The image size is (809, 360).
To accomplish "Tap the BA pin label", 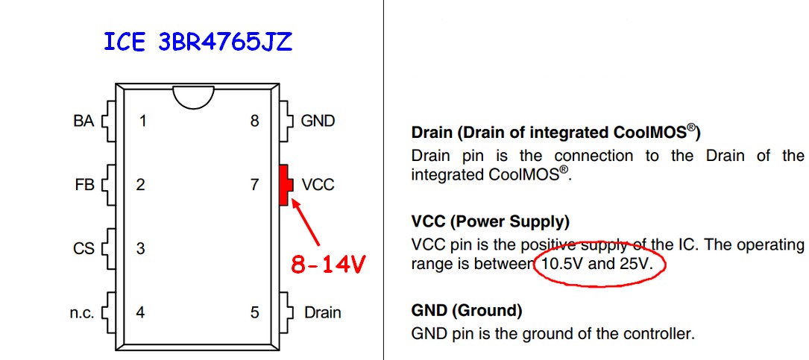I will click(84, 121).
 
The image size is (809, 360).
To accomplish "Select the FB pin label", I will click(85, 185).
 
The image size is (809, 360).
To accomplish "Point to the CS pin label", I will click(84, 248).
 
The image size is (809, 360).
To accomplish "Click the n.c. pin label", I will click(82, 313).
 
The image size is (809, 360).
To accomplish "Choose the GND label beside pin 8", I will click(318, 121).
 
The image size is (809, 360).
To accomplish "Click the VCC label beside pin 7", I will click(318, 185).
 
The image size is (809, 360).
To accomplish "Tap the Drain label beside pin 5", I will click(322, 313).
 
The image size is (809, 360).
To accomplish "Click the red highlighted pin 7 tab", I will click(283, 185).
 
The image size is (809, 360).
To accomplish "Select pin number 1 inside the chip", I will click(142, 121).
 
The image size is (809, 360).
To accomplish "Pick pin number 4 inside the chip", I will click(141, 313).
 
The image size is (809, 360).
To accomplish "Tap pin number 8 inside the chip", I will click(254, 121).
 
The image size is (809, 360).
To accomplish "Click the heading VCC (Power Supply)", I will click(490, 221).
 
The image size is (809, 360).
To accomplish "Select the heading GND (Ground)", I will click(466, 310).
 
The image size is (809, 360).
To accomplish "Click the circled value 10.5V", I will click(561, 265).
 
